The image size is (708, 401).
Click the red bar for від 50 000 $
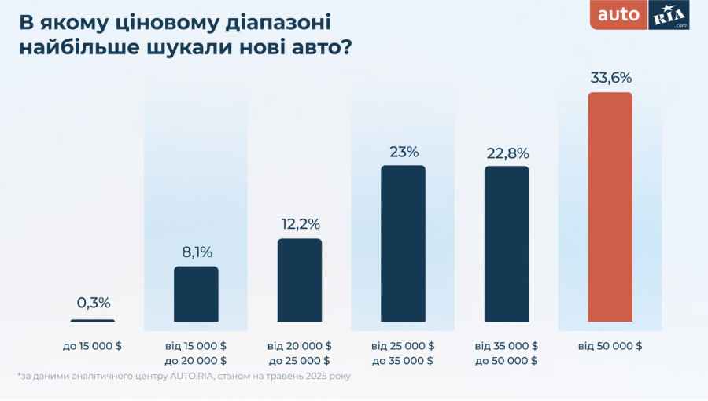[610, 207]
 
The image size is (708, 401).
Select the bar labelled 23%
[403, 244]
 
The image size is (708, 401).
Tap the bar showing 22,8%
[507, 244]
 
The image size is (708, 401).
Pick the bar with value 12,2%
[300, 280]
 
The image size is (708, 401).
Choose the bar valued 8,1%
[196, 294]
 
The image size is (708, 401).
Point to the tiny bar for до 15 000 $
[93, 320]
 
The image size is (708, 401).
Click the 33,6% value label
[610, 78]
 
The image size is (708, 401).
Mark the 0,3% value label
[93, 303]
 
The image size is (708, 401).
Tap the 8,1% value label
[196, 252]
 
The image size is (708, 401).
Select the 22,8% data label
[507, 153]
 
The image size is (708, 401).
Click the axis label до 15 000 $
[93, 346]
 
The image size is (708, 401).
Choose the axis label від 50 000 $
[610, 346]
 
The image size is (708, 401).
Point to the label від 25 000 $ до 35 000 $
[403, 353]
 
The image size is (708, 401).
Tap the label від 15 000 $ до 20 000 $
[196, 353]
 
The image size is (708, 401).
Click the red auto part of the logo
[619, 15]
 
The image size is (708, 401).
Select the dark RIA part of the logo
[669, 15]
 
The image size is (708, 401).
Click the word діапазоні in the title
[270, 22]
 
